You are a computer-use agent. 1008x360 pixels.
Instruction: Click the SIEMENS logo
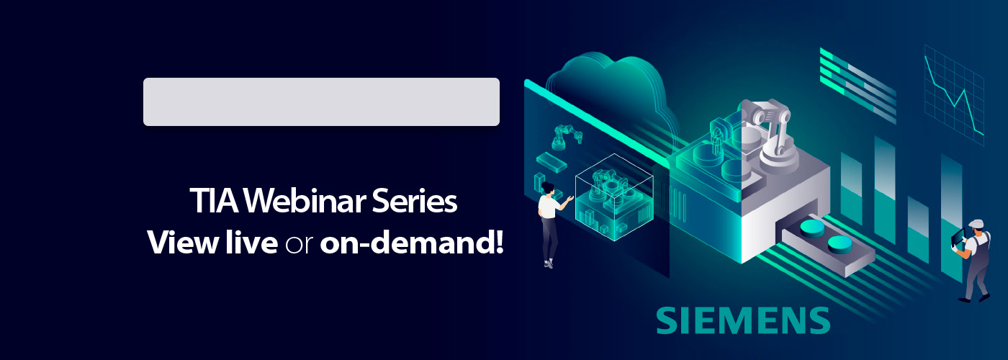(743, 320)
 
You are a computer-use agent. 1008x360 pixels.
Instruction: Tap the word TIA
(215, 201)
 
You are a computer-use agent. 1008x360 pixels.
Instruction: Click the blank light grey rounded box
(321, 102)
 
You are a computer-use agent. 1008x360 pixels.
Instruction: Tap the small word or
(299, 246)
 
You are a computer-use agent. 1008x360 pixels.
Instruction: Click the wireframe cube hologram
(614, 197)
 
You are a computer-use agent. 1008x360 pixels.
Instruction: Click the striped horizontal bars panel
(858, 86)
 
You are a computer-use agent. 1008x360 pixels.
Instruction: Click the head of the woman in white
(548, 188)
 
